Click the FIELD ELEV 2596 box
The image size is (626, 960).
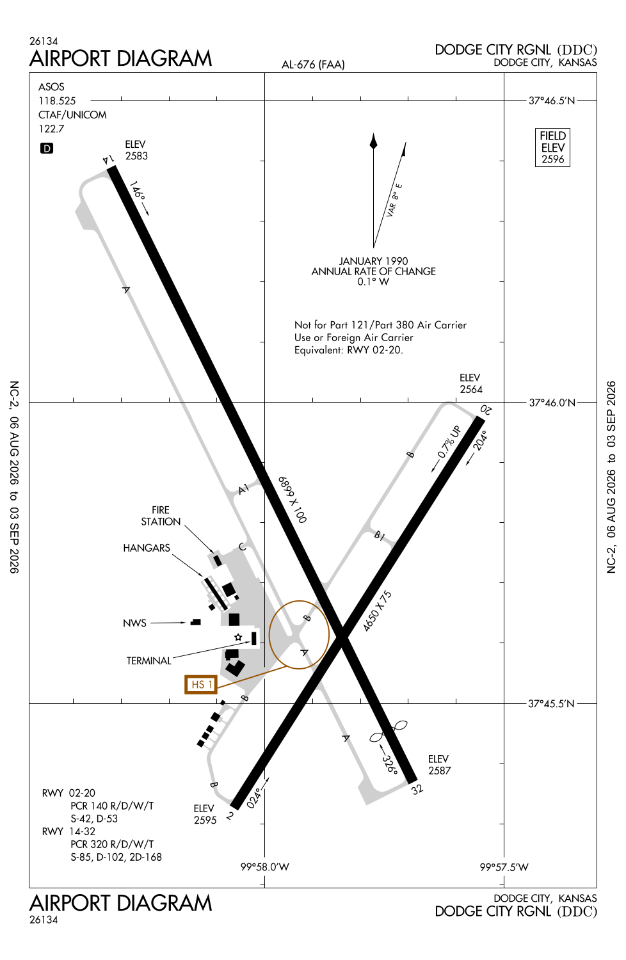(552, 147)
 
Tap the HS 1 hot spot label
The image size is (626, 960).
(201, 684)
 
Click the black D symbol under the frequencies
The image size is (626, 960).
(47, 148)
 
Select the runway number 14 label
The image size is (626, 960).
(108, 159)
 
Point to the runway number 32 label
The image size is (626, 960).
(417, 789)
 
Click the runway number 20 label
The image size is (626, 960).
(486, 410)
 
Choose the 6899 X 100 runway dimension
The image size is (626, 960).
(293, 500)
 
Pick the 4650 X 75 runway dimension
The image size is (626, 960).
(377, 611)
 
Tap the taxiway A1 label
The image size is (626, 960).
(243, 489)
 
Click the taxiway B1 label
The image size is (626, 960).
(380, 535)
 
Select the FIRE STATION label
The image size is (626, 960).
(161, 516)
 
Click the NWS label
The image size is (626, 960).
(134, 623)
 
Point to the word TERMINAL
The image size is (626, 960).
(148, 660)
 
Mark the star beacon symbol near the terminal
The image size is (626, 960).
(238, 637)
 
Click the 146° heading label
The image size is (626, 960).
(137, 189)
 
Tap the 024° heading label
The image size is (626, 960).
(254, 799)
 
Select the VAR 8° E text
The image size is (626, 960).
(394, 200)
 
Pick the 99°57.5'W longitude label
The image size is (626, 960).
(504, 867)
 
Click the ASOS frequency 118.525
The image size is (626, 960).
(57, 100)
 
